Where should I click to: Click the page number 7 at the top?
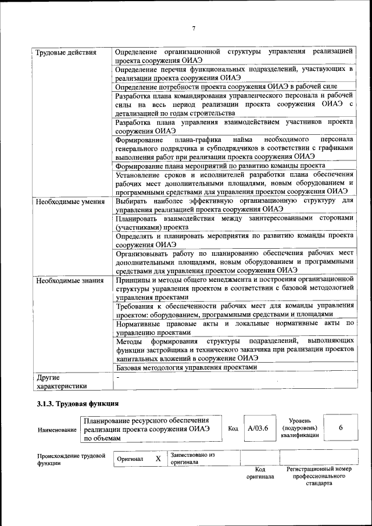point(193,28)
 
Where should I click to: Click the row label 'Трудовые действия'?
point(66,54)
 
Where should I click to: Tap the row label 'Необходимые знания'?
point(70,281)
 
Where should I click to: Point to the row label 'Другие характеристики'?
point(61,381)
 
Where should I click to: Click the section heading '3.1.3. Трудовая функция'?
point(78,403)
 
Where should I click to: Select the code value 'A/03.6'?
point(258,428)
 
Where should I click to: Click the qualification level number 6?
point(341,428)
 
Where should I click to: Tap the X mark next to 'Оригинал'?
point(158,459)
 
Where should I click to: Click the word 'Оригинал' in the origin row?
point(130,459)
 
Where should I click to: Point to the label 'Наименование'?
point(57,430)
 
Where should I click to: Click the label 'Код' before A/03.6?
point(233,428)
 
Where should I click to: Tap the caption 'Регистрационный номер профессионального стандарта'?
point(319,475)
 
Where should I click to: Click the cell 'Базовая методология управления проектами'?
point(186,368)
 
